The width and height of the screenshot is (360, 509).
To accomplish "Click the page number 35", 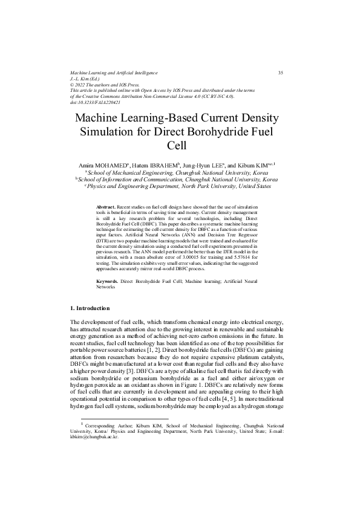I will tap(280, 73).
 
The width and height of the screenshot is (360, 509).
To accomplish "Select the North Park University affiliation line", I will tap(178, 187).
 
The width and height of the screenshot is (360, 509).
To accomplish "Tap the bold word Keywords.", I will tap(107, 282).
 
